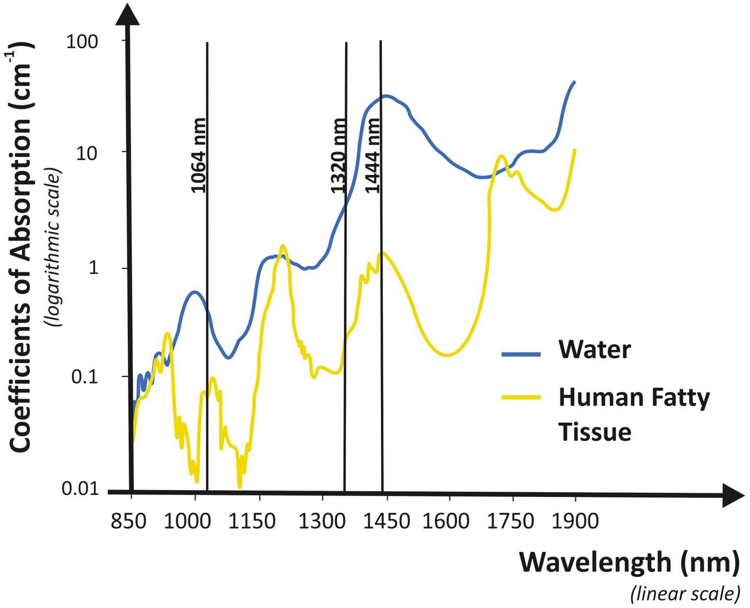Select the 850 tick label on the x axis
point(129,521)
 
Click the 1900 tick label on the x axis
point(575,521)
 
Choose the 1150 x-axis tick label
point(258,521)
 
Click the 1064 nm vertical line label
point(198,155)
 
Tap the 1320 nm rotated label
point(338,155)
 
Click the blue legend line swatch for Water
point(521,354)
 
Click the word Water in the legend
point(595,349)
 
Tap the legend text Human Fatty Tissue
point(634,414)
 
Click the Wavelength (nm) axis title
point(629,562)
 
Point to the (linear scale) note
point(684,594)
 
